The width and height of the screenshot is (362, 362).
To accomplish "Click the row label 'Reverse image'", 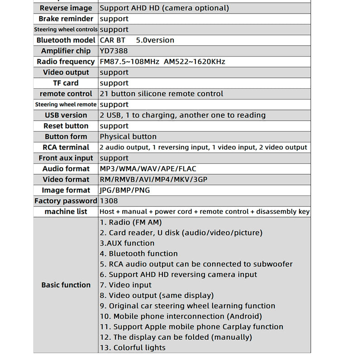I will (x=66, y=8).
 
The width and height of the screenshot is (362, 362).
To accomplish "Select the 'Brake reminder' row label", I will (x=66, y=19).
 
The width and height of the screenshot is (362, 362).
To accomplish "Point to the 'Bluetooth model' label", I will (x=66, y=40).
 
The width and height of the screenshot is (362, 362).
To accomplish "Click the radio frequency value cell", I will (x=162, y=62).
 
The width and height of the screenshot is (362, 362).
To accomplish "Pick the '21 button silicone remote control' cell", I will (x=162, y=94).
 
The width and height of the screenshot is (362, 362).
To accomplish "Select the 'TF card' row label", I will (x=66, y=83).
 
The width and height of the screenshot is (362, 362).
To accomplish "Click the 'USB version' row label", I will (x=66, y=115).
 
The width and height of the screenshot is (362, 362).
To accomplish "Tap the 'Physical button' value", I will (x=128, y=137).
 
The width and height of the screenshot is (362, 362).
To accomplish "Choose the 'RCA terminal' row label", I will (x=66, y=148).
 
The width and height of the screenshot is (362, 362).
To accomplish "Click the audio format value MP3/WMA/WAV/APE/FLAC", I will (x=148, y=169).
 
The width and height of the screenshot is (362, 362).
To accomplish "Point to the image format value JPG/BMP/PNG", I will (x=125, y=191).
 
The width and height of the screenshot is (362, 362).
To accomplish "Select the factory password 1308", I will (x=109, y=201).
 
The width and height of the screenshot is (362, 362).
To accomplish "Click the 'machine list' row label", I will (x=66, y=212).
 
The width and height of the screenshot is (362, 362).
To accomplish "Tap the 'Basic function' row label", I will (x=66, y=285).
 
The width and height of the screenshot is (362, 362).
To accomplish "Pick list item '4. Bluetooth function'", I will (x=138, y=254).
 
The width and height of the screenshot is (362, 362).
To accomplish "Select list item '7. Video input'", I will (x=125, y=285).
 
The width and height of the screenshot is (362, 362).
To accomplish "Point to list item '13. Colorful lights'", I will (x=133, y=348).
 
